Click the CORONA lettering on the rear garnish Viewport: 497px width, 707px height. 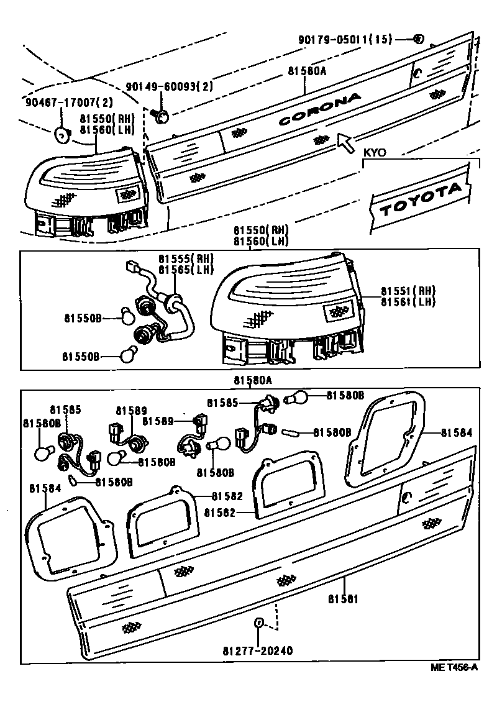coord(319,109)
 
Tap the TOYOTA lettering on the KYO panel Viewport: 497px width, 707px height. coord(422,199)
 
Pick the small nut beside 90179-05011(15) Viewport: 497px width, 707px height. coord(418,39)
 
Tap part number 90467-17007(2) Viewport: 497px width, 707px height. coord(61,102)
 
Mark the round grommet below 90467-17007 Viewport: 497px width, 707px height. coord(62,132)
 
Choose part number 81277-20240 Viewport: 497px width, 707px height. coord(257,650)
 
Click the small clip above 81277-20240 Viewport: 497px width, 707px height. coord(258,623)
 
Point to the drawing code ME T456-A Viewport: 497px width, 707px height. coord(455,667)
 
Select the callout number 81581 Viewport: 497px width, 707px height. coord(344,599)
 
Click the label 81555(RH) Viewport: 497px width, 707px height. coord(185,259)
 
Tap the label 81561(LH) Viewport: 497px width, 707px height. coord(408,302)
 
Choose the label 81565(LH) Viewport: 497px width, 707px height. coord(185,270)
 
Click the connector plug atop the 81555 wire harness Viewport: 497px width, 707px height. coord(130,268)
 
